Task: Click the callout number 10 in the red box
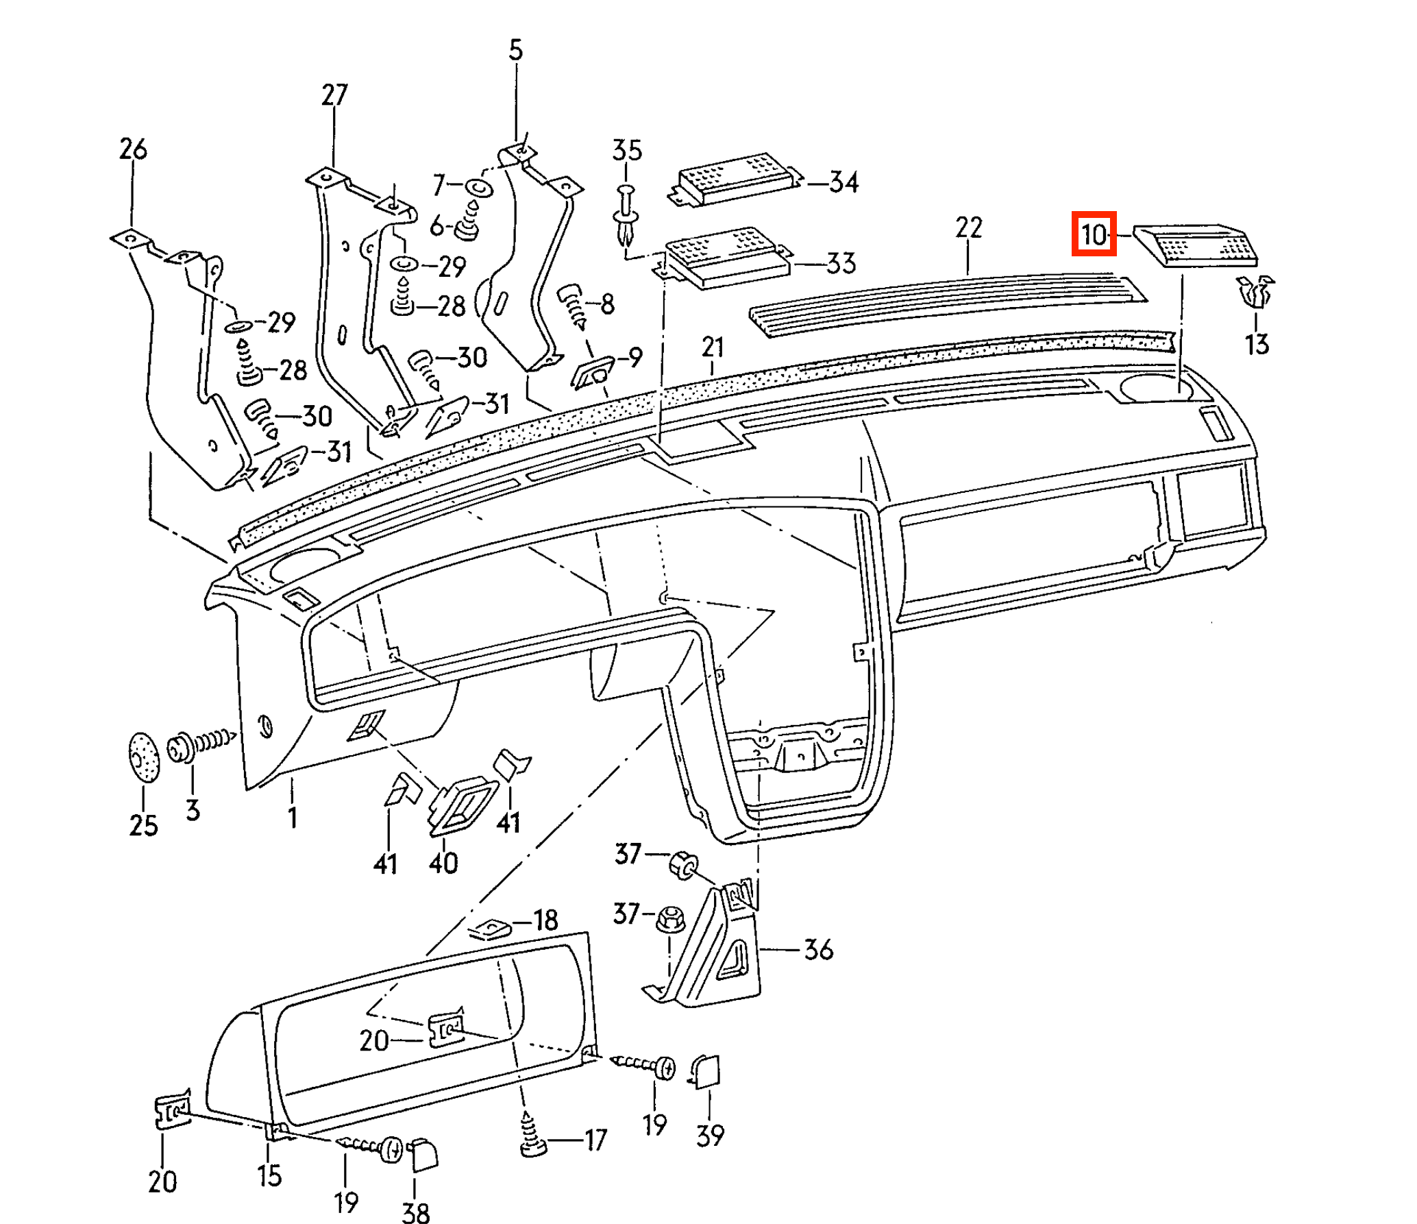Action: coord(1094,235)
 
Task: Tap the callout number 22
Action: coord(969,228)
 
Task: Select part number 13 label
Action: coord(1257,344)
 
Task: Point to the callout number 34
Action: coord(843,183)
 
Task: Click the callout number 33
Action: coord(842,263)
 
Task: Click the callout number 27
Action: coord(334,95)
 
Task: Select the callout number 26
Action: coord(133,149)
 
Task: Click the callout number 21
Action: coord(713,347)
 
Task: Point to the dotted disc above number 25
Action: coord(143,757)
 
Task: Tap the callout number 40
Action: coord(443,861)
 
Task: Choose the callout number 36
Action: coord(818,950)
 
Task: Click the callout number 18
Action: coord(545,920)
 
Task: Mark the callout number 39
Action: coord(710,1136)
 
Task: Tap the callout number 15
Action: coord(270,1175)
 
